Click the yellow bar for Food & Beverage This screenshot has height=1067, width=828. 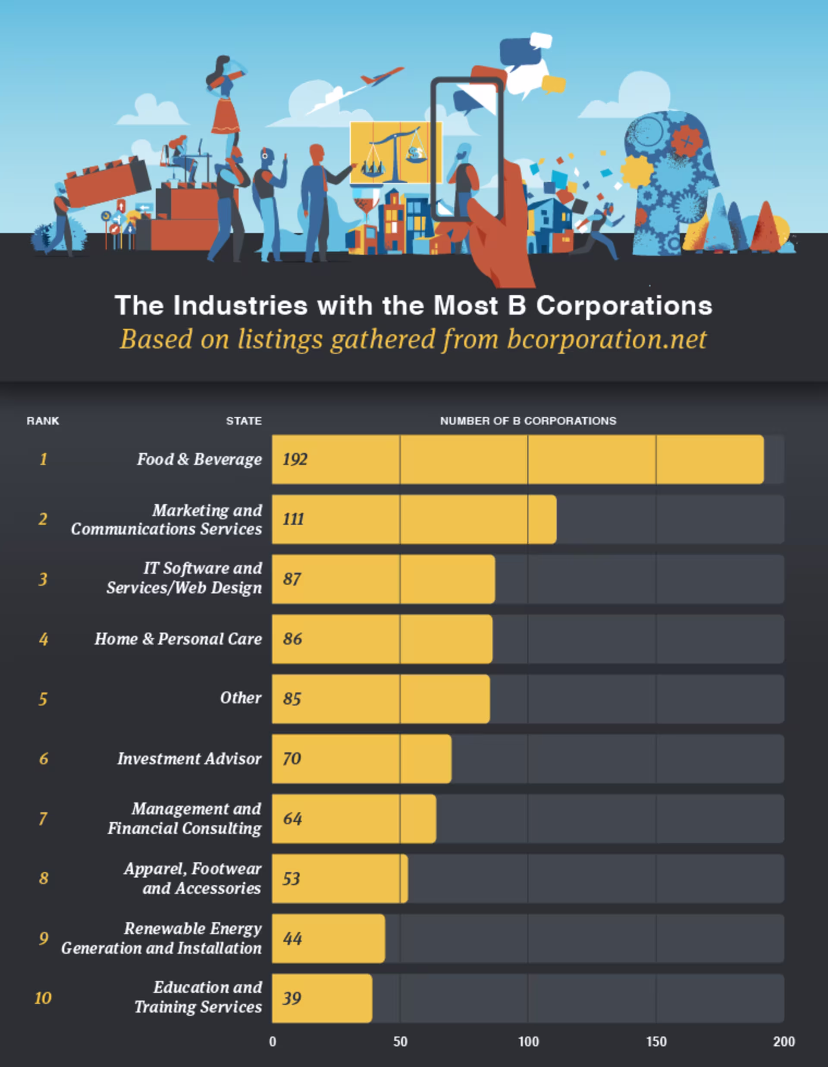(x=518, y=459)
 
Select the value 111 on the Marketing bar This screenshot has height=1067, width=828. (x=293, y=519)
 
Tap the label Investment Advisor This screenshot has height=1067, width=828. (x=189, y=759)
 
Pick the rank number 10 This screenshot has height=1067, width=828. (x=43, y=998)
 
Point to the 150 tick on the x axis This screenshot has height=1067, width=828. (x=656, y=1042)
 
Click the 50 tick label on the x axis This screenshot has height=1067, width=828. (x=400, y=1042)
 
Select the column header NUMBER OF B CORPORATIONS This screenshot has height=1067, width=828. (x=528, y=421)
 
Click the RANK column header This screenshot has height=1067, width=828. (x=43, y=421)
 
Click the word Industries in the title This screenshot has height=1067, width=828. (x=241, y=306)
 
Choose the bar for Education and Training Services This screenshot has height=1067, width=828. (x=323, y=998)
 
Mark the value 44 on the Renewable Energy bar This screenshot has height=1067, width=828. (x=292, y=939)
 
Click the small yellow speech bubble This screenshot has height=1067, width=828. (x=553, y=84)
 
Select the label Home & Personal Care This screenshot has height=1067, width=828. (x=179, y=639)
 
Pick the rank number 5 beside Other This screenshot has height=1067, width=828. (x=43, y=699)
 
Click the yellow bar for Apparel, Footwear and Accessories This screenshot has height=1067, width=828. (x=340, y=878)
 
